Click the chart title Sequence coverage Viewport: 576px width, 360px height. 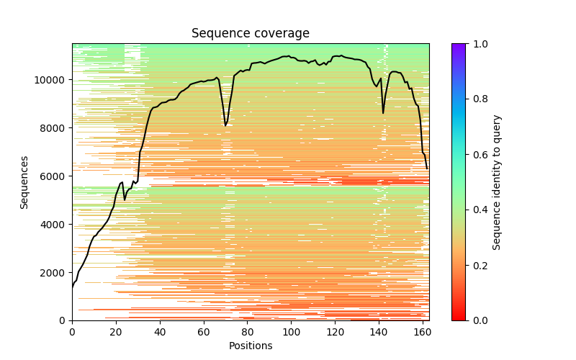[250, 34]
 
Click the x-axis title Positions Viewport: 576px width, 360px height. [250, 346]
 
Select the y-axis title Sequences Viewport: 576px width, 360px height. [24, 182]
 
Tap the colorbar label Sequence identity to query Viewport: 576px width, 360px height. [497, 182]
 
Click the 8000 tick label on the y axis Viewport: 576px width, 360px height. [53, 128]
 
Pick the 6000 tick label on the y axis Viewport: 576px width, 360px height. [53, 176]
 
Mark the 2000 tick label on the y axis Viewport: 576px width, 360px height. [53, 273]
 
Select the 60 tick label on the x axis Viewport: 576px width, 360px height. [204, 332]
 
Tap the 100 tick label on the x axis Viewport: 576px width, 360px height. [292, 332]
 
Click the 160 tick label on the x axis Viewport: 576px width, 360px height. [423, 332]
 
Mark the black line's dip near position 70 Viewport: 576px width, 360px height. [225, 125]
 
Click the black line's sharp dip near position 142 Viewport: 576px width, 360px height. [383, 112]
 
